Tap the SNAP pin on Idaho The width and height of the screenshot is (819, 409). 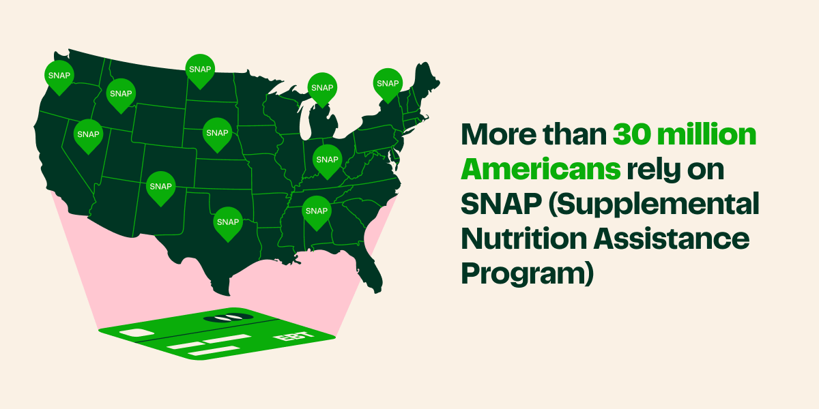pos(121,93)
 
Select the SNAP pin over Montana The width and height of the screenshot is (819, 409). pos(200,69)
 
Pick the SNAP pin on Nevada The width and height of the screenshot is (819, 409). pos(88,134)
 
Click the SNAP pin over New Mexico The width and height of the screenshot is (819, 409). pos(160,186)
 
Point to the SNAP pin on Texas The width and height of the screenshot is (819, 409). pos(227,222)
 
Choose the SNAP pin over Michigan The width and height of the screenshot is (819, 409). pos(322,87)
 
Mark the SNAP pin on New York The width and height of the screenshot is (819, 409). pos(387,83)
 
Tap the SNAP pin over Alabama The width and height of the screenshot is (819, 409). pos(317,211)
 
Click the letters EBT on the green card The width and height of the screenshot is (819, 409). pos(287,337)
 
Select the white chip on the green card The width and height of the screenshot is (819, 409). pos(136,333)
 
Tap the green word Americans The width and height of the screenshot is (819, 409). pos(541,168)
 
